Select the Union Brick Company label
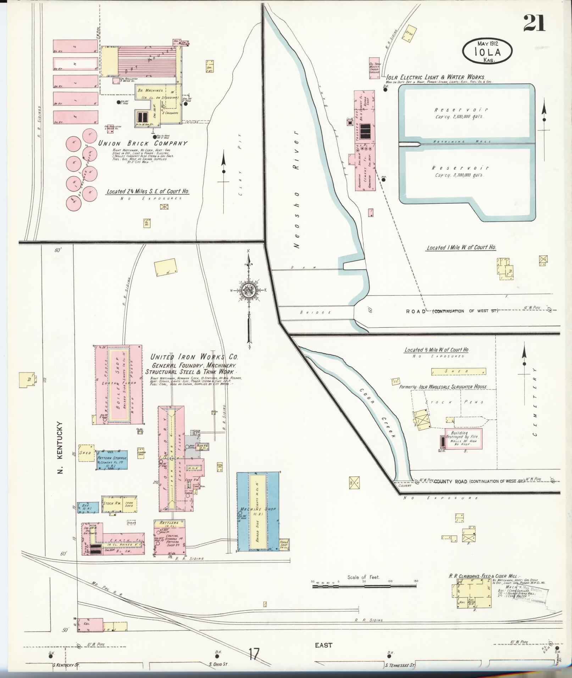[x=143, y=144]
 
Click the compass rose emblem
[x=249, y=291]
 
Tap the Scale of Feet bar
[x=364, y=586]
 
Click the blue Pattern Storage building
[x=112, y=460]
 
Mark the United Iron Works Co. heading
[x=194, y=357]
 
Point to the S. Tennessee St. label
[x=400, y=666]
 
